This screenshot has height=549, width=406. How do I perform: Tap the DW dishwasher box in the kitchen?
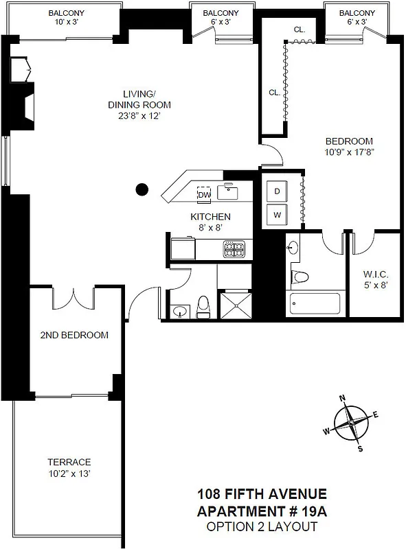coord(203,195)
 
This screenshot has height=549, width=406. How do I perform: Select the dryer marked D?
coord(278,191)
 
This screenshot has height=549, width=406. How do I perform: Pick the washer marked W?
coord(278,215)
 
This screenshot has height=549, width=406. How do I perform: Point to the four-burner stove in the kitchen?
coord(234,248)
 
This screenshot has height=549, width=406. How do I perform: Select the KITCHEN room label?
coord(210,216)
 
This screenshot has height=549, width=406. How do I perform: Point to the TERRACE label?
coord(69,462)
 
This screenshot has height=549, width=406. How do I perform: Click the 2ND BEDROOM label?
coord(74,335)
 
